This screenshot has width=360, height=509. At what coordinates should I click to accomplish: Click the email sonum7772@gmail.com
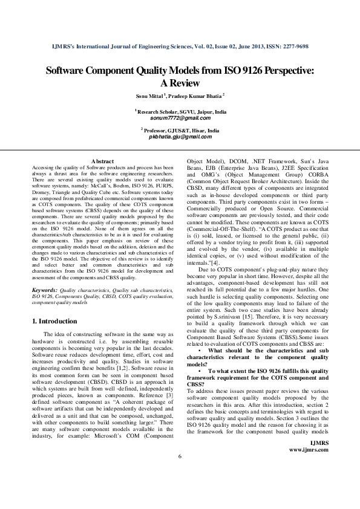pyautogui.click(x=180, y=118)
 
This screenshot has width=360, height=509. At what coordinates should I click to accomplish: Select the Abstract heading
pyautogui.click(x=102, y=161)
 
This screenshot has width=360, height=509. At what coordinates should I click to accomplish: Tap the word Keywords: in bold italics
pyautogui.click(x=45, y=290)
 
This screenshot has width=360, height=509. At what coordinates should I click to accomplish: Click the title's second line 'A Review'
pyautogui.click(x=180, y=83)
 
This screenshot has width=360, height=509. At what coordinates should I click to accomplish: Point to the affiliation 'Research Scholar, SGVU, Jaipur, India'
pyautogui.click(x=182, y=112)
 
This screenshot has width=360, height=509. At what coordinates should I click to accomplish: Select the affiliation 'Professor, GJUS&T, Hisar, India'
pyautogui.click(x=182, y=131)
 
